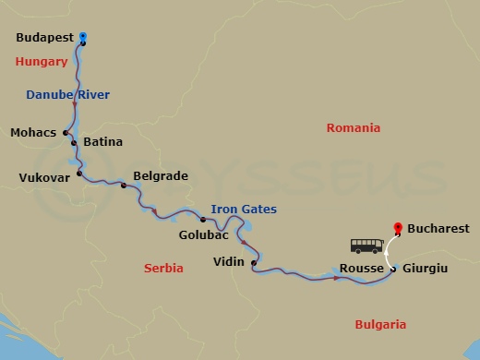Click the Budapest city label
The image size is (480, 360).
click(45, 39)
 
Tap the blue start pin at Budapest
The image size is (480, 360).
click(83, 37)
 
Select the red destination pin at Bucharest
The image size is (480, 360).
click(398, 226)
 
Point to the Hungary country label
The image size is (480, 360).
click(42, 62)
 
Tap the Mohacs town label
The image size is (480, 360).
click(33, 132)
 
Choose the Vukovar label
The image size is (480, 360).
click(44, 176)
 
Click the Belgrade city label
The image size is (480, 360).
click(161, 175)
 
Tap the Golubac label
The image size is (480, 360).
click(203, 235)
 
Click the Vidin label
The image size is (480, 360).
click(228, 261)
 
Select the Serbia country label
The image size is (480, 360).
click(163, 268)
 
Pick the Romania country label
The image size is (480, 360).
click(354, 128)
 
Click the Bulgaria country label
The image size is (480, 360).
click(380, 324)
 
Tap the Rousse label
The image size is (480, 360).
click(361, 269)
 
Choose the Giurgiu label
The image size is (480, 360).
click(426, 269)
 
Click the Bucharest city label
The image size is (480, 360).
click(438, 228)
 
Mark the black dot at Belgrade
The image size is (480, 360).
click(123, 186)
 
